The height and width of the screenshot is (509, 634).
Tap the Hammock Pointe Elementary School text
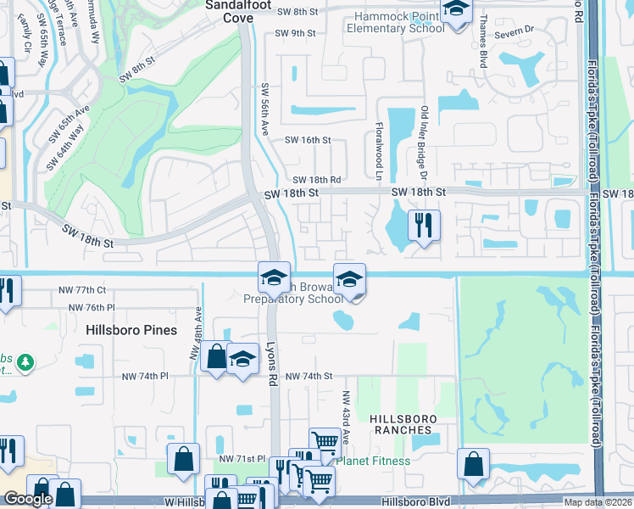click(x=394, y=22)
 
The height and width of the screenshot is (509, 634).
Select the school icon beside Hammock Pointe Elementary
click(x=457, y=10)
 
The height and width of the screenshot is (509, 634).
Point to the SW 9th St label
click(x=294, y=33)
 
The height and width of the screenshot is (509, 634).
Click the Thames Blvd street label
click(x=484, y=35)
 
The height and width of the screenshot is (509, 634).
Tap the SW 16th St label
click(x=307, y=140)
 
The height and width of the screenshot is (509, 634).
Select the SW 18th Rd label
click(x=317, y=180)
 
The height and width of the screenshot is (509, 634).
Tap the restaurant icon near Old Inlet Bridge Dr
click(x=422, y=225)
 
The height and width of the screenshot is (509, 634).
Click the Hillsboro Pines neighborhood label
click(x=131, y=330)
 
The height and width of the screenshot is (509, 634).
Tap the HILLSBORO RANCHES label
click(x=403, y=425)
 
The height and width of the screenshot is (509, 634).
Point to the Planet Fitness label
click(x=373, y=461)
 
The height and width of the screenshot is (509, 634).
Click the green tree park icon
click(x=26, y=362)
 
